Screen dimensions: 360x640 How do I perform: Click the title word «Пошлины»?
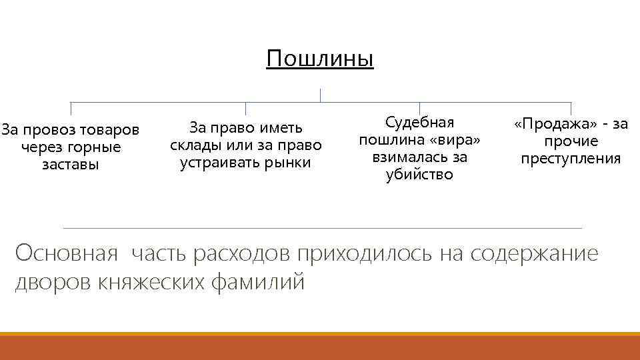tap(320, 59)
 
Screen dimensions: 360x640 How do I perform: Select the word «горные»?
tap(97, 146)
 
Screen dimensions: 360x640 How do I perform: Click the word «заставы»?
tap(70, 164)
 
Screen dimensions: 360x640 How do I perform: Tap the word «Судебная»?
tap(419, 122)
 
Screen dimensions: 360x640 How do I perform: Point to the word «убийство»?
tap(419, 175)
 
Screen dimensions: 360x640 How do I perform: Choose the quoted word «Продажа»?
tap(550, 124)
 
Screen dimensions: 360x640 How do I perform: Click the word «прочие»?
tap(571, 141)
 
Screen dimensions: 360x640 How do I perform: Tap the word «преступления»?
tap(571, 159)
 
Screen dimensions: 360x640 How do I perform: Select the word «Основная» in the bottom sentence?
tap(67, 254)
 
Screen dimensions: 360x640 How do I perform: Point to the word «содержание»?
tap(534, 254)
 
